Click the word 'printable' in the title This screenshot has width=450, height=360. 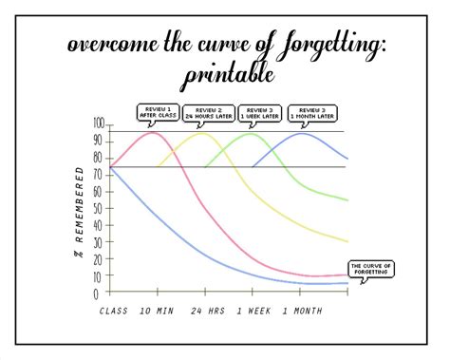(x=225, y=73)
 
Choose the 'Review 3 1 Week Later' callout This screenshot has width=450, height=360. (x=259, y=114)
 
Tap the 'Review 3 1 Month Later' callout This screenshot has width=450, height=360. (x=312, y=114)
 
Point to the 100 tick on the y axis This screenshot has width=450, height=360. (x=99, y=123)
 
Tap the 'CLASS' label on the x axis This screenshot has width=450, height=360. (x=112, y=312)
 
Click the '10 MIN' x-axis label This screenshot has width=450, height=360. (x=156, y=312)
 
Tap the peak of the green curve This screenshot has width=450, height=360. (x=252, y=133)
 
